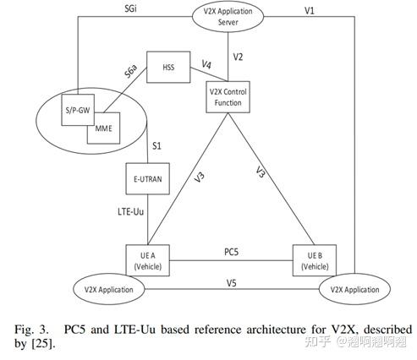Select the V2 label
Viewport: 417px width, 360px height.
pos(240,58)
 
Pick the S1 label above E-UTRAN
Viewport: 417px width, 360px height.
pos(156,145)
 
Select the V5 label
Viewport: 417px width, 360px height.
pos(230,282)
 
